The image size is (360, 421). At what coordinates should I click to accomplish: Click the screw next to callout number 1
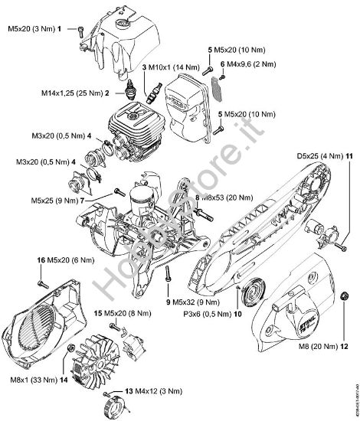[x=80, y=29]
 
